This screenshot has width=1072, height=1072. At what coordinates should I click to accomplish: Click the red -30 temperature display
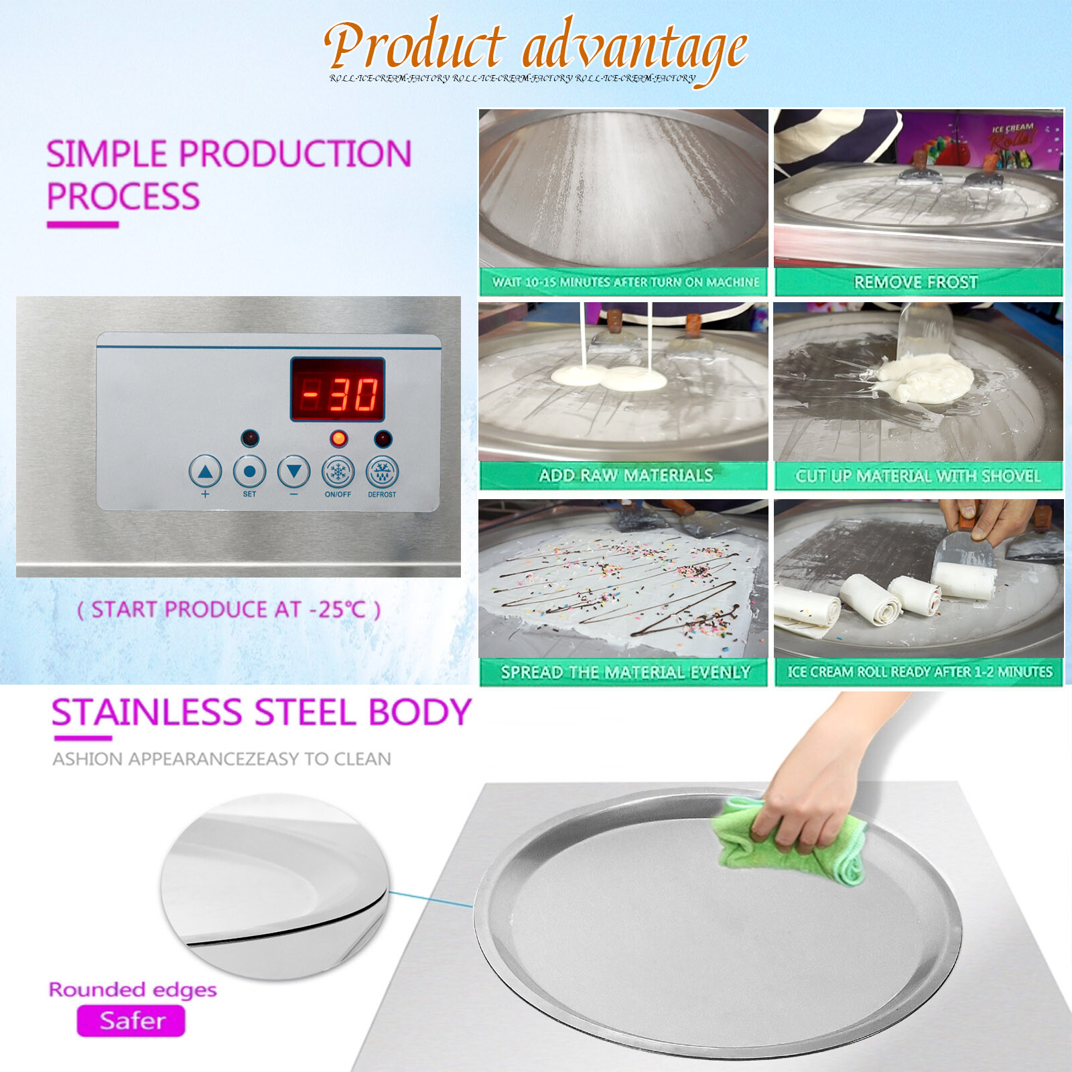coord(338,390)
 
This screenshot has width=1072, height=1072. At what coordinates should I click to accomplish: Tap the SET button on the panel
coord(249,472)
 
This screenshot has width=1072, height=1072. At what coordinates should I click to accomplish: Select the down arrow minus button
coord(293,472)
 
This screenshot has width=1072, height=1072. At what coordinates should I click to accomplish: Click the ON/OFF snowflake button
coord(338,472)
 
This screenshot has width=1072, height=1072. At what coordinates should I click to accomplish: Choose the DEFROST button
coord(382,472)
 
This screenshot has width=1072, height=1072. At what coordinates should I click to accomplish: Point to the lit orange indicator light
coord(339,439)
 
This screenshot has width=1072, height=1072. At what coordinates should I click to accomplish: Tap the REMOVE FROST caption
coord(916,282)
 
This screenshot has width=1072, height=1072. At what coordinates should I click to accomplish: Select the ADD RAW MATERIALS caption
coord(626,476)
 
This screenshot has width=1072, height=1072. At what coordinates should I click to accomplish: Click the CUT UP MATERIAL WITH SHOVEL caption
coord(918,476)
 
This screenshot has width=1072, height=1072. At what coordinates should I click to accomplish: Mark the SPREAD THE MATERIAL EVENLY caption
coord(625,672)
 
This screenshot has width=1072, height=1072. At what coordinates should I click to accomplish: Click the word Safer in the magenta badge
coord(132,1020)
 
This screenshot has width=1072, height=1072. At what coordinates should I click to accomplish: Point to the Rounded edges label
coord(133,990)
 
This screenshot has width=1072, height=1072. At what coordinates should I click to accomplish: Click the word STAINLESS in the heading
coord(146,712)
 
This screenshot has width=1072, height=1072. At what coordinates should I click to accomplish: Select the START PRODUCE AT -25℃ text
coord(229,610)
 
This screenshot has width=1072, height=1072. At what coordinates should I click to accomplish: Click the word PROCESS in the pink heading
coord(123,197)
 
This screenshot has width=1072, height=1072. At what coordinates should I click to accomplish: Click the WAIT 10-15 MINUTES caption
coord(626,282)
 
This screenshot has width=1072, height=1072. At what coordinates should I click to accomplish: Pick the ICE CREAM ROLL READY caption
coord(919,671)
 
